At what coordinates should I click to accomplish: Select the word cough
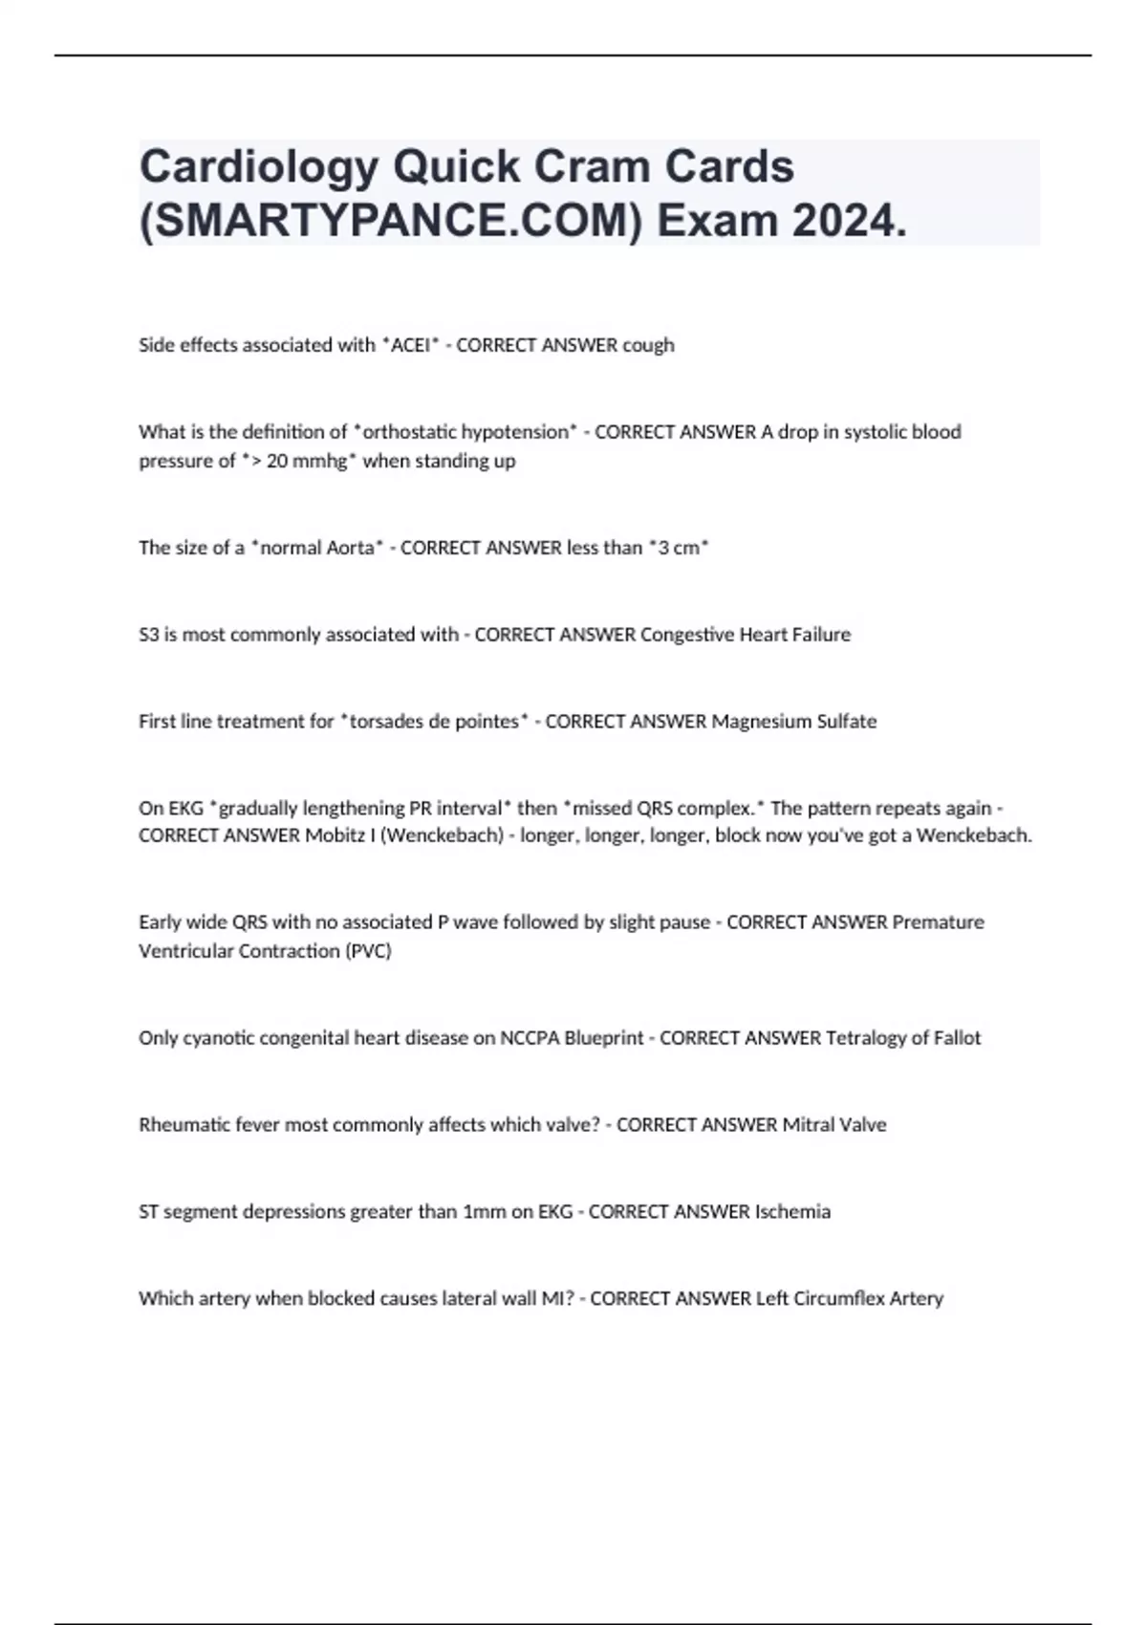[x=648, y=345]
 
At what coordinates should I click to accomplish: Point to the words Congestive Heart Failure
[x=745, y=635]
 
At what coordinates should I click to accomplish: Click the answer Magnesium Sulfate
[x=793, y=722]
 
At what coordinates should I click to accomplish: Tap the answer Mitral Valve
[x=834, y=1125]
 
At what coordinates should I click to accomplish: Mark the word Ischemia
[x=792, y=1212]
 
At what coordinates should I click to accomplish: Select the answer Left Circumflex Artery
[x=849, y=1299]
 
